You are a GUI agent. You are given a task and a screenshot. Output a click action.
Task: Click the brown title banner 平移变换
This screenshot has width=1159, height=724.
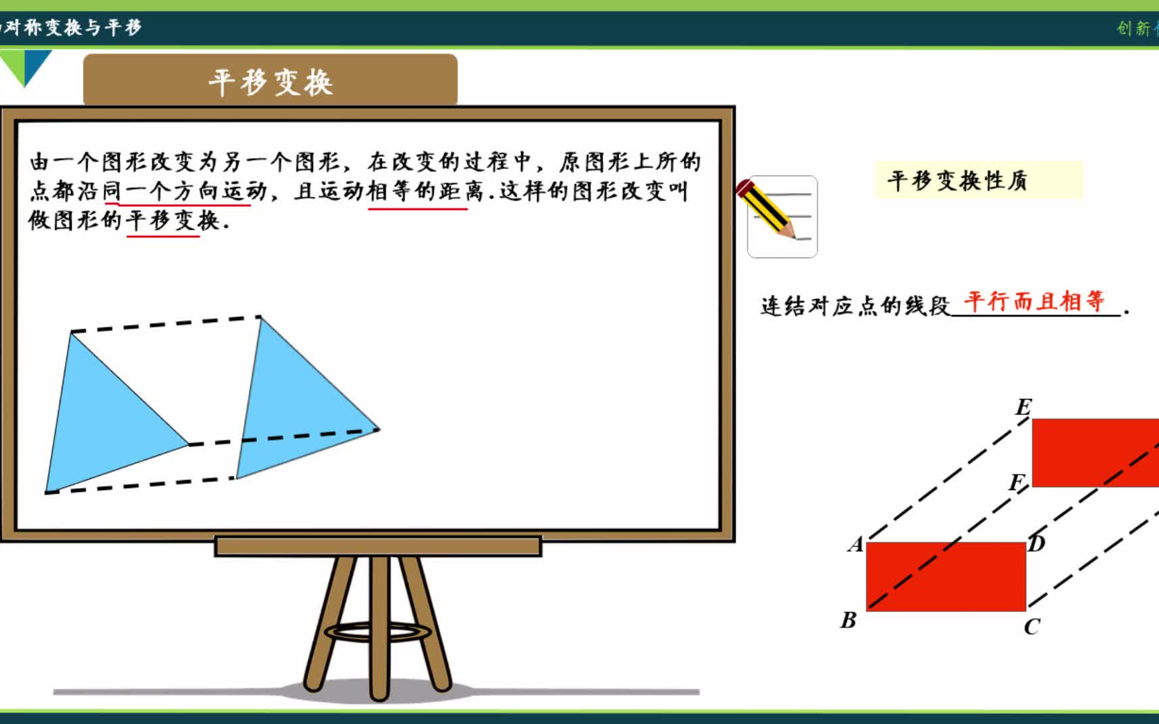270,81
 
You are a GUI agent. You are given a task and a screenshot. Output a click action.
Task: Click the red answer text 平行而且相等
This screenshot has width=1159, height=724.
1034,301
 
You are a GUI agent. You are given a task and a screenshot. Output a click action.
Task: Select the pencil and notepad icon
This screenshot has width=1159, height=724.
781,216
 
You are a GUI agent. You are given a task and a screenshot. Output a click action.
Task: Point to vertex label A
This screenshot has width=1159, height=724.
855,544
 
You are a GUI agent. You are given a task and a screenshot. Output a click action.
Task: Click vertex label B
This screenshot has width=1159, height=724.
848,620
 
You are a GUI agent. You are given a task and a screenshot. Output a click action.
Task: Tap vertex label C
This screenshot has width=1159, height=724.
1032,627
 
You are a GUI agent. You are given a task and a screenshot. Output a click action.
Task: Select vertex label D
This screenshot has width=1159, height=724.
1037,543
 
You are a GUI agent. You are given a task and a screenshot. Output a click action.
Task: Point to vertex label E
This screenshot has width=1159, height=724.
1024,407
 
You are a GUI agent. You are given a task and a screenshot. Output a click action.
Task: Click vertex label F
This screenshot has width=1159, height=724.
1017,482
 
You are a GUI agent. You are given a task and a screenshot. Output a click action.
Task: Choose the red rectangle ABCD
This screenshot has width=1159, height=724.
946,577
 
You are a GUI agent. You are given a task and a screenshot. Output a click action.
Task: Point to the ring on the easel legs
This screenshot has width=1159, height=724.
378,631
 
